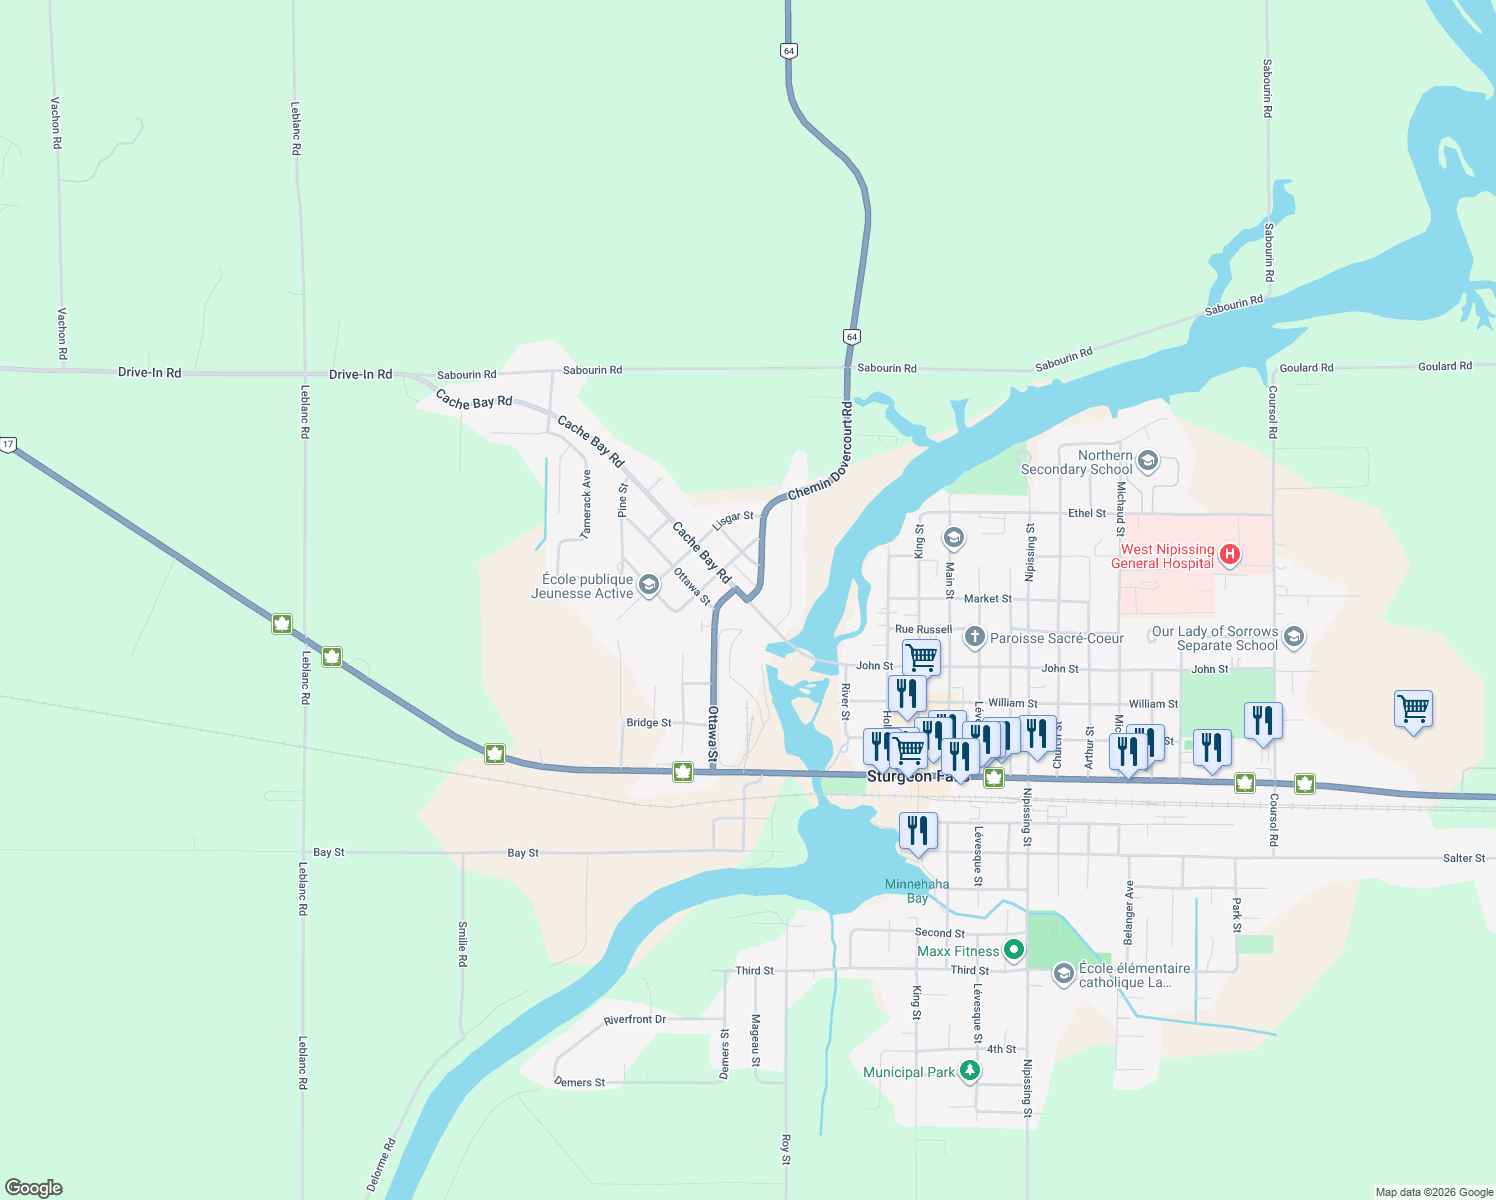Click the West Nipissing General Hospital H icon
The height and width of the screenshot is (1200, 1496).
tap(1230, 554)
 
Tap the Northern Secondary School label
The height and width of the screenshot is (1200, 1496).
tap(1076, 462)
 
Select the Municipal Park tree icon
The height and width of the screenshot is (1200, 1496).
tap(969, 1071)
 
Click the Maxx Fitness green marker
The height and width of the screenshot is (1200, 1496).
tap(1014, 949)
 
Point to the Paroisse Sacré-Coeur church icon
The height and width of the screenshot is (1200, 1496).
tap(974, 637)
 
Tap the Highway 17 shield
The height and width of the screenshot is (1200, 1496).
tap(8, 444)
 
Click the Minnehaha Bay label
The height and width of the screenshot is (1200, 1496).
tap(917, 890)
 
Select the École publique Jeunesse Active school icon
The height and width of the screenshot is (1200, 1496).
tap(648, 584)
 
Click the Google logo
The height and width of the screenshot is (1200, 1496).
tap(34, 1187)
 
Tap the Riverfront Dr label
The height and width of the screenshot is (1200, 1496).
tap(634, 1019)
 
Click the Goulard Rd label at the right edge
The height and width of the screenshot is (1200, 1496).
tap(1444, 366)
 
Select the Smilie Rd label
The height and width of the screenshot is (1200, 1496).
tap(462, 943)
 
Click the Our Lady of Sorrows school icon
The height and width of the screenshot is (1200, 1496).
tap(1294, 636)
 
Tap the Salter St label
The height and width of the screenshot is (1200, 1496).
tap(1464, 858)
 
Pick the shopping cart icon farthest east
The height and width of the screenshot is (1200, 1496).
tap(1413, 709)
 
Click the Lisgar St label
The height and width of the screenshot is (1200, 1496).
tap(732, 520)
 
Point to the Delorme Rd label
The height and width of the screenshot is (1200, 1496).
tap(380, 1164)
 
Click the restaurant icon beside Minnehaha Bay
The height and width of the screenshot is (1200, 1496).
tap(917, 830)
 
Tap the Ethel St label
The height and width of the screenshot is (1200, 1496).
tap(1086, 513)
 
